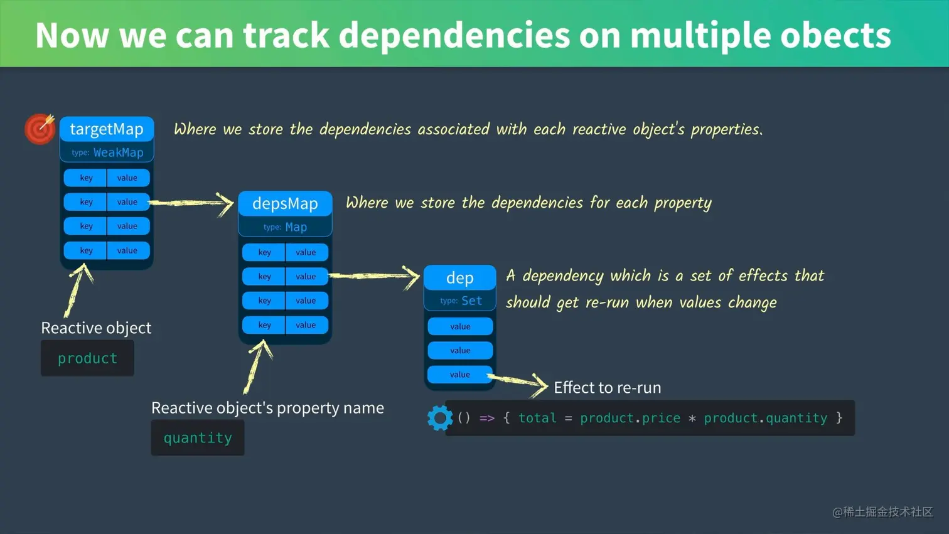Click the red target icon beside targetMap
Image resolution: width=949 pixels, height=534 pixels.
pyautogui.click(x=40, y=129)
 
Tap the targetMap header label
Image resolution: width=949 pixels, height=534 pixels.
pyautogui.click(x=107, y=129)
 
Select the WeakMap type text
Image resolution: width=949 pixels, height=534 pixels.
pyautogui.click(x=118, y=152)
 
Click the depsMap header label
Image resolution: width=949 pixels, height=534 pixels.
pyautogui.click(x=285, y=203)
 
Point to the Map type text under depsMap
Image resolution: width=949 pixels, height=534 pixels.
pyautogui.click(x=296, y=227)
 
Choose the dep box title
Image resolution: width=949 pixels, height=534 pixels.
pyautogui.click(x=459, y=277)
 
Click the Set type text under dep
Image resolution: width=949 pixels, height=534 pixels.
pyautogui.click(x=471, y=301)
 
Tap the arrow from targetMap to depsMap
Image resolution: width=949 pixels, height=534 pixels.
pyautogui.click(x=191, y=203)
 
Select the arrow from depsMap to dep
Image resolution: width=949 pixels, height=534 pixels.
pyautogui.click(x=375, y=275)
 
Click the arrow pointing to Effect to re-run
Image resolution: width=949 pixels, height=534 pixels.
pyautogui.click(x=518, y=381)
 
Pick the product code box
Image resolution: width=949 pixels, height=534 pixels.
pyautogui.click(x=87, y=358)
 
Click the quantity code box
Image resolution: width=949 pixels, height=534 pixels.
pyautogui.click(x=198, y=438)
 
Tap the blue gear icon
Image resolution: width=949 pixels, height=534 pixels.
pyautogui.click(x=439, y=418)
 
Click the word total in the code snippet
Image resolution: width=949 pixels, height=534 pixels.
pyautogui.click(x=537, y=418)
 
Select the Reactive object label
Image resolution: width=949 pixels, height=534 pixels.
pyautogui.click(x=96, y=328)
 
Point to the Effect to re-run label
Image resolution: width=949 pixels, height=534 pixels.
pyautogui.click(x=607, y=387)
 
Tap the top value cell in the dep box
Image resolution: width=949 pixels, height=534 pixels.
pyautogui.click(x=460, y=326)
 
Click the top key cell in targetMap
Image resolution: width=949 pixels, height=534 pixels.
pyautogui.click(x=86, y=178)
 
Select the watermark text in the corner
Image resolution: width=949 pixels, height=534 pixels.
pyautogui.click(x=882, y=512)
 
